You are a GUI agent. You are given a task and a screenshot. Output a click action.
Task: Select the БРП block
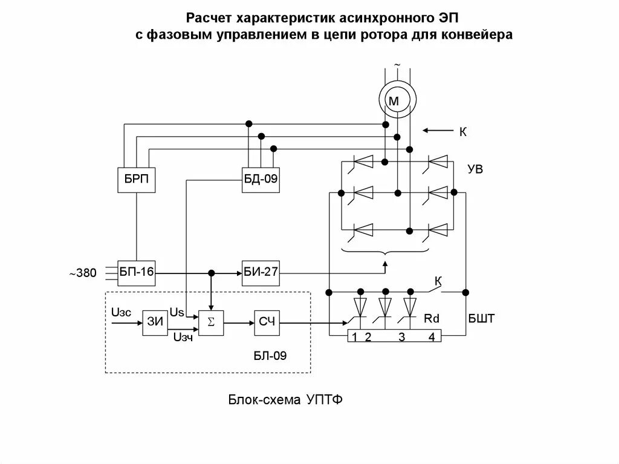136,180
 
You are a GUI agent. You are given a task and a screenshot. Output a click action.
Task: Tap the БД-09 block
261,180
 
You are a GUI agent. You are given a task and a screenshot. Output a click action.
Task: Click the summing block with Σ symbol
211,322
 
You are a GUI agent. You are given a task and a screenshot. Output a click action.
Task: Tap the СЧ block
267,322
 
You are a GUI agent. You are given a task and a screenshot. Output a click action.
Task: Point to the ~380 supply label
82,273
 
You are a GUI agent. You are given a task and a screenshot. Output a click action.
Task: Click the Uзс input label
120,313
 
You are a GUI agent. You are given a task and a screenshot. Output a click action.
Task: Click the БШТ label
481,318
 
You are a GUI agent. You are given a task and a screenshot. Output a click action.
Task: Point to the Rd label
431,318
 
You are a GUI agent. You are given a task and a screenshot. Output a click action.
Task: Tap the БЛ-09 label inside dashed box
270,356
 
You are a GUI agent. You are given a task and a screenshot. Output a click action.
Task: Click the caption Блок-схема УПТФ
285,400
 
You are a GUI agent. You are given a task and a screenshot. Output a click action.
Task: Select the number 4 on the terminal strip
431,337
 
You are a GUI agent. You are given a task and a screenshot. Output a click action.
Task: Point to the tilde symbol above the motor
397,64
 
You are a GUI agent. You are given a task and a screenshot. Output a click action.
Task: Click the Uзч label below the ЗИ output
183,337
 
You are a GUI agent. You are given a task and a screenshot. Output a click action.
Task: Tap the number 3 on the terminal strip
401,337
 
